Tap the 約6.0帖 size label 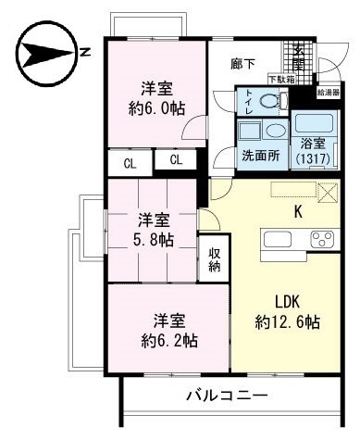[155, 107]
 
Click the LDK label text [287, 301]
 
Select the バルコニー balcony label [227, 396]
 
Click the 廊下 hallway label [242, 64]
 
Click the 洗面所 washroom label [260, 155]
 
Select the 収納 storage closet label [214, 260]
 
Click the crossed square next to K [328, 192]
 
